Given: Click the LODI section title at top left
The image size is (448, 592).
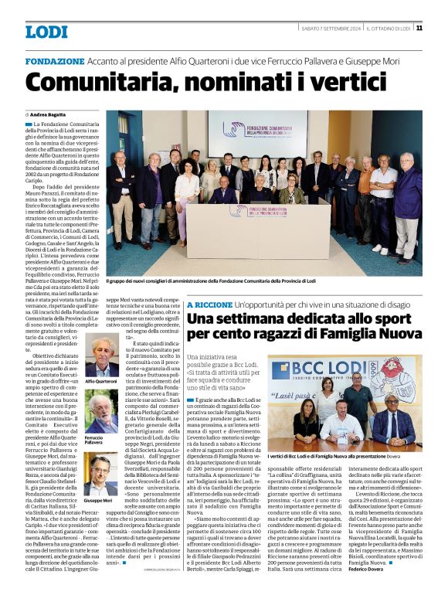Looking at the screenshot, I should coord(46,32).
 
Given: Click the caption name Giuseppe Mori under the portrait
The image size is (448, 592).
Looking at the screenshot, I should coord(99,500).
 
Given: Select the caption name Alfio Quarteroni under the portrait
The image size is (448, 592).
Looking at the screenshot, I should coord(100,382).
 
